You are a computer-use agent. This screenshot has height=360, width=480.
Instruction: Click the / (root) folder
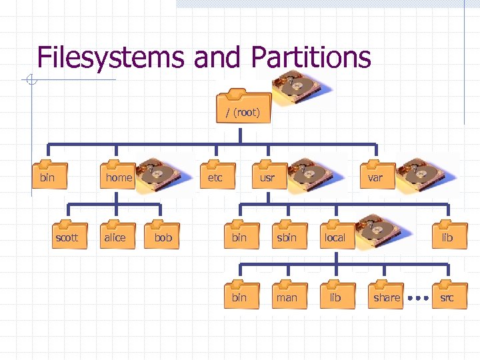pos(243,108)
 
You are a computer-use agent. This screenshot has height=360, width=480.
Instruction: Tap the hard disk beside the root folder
pos(297,88)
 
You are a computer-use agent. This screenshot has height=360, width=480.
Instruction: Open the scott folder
pos(67,234)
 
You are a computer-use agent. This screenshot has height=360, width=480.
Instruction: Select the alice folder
pos(115,234)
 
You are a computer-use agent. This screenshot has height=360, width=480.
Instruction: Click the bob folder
pos(163,234)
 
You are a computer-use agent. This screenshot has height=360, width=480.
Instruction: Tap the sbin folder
pos(287,234)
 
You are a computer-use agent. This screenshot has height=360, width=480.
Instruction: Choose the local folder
pos(335,234)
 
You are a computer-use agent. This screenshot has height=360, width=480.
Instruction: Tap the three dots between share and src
pos(417,298)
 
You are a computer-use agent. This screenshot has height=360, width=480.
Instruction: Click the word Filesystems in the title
pos(110,57)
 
